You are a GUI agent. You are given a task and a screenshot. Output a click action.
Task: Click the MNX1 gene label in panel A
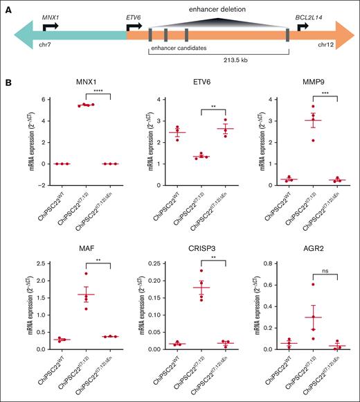click(x=51, y=15)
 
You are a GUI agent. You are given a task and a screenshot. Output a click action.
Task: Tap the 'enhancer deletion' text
click(x=217, y=9)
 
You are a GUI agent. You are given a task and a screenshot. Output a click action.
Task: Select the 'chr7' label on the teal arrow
click(x=47, y=45)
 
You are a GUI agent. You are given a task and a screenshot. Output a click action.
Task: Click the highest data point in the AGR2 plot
click(x=294, y=284)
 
